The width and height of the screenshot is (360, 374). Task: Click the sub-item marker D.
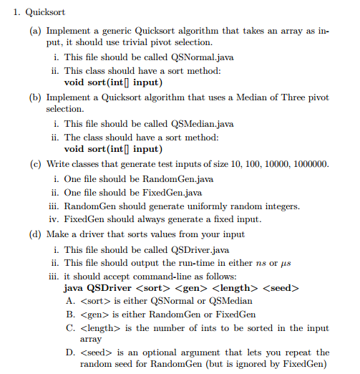70,353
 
